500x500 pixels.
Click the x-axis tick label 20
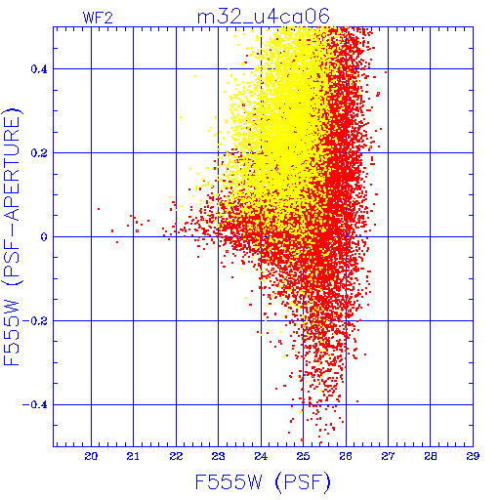tap(91, 456)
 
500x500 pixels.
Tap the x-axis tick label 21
tap(133, 456)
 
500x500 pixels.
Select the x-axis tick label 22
tap(176, 456)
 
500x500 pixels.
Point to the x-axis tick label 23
tap(218, 456)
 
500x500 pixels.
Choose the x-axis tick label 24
tap(261, 456)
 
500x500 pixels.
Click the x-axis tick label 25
tap(303, 456)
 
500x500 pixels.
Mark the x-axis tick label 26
tap(346, 456)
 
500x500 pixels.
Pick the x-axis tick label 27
tap(388, 456)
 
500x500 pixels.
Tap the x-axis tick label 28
tap(431, 456)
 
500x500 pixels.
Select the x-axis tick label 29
tap(473, 456)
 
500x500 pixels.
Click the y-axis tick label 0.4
tap(39, 69)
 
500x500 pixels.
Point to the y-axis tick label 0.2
tap(39, 153)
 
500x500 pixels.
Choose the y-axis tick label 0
tap(44, 237)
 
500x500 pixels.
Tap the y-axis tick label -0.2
tap(35, 321)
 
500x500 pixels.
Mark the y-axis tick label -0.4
tap(35, 405)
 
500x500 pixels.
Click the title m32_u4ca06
tap(264, 17)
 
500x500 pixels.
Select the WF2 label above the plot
tap(98, 18)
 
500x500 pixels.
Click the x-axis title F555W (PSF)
tap(263, 482)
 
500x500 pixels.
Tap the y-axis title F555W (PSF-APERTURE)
tap(12, 237)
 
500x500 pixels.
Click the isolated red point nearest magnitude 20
tap(99, 209)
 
